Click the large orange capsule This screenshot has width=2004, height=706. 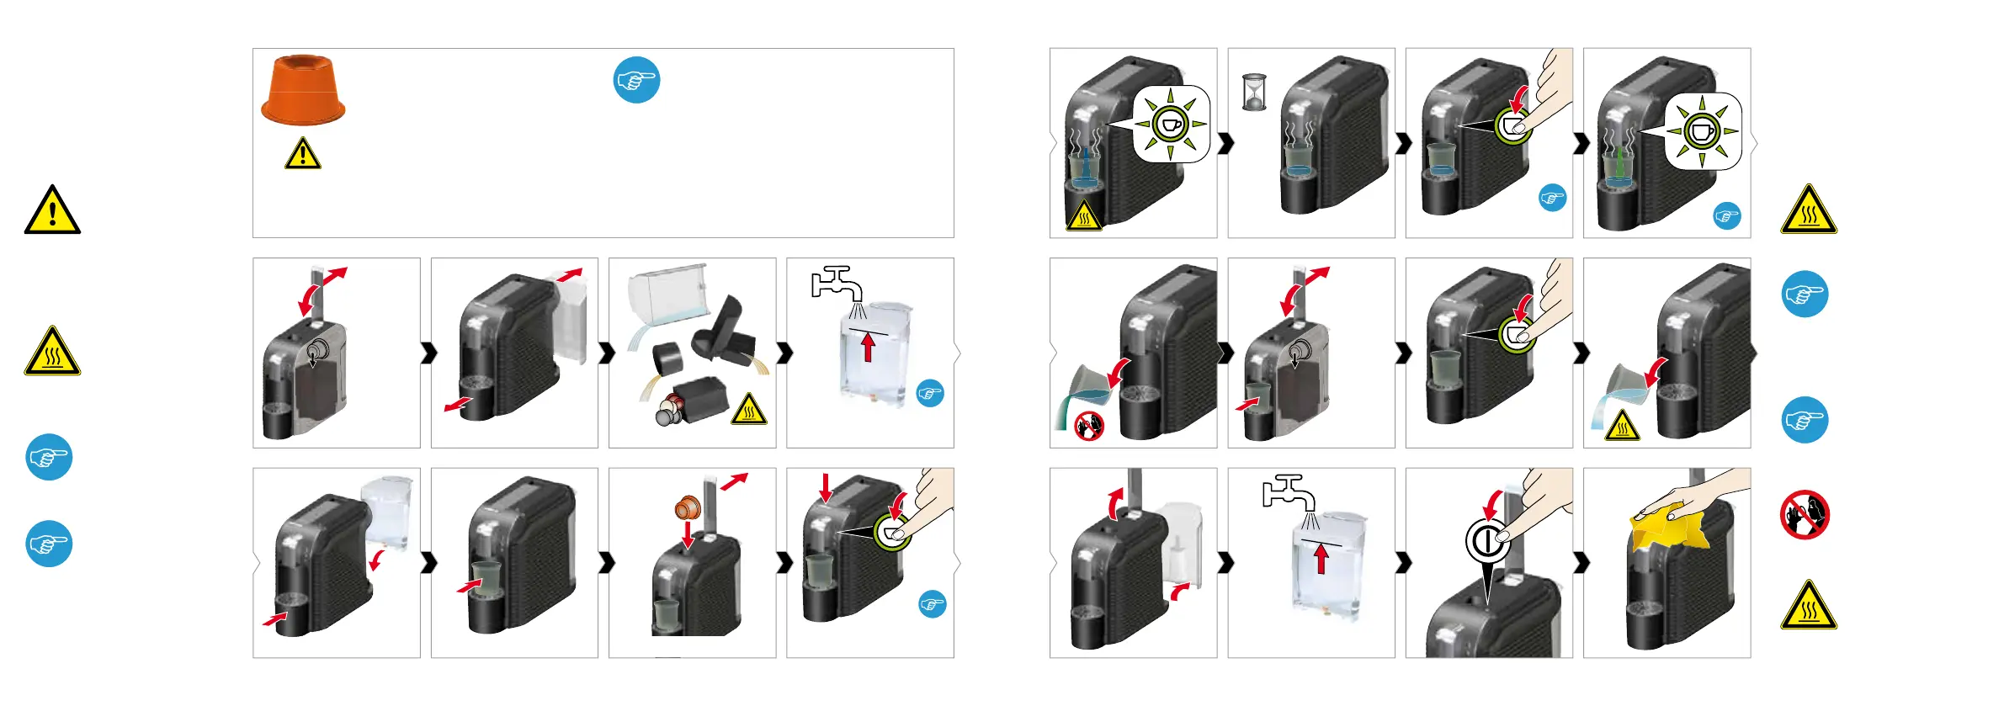303,89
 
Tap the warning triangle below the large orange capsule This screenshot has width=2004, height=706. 302,155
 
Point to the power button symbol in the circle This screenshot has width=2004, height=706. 1487,540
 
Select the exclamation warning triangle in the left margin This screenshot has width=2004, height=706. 52,211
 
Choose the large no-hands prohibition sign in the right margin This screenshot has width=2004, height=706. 1805,514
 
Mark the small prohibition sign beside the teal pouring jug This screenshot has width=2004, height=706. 1089,425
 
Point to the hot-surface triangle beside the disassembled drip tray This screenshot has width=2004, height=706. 748,410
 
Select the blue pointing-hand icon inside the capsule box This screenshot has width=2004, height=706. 636,81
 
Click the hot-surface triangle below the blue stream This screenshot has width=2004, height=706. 1084,217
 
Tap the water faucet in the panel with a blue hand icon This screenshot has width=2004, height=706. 837,283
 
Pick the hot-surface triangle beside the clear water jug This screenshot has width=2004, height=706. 1622,427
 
